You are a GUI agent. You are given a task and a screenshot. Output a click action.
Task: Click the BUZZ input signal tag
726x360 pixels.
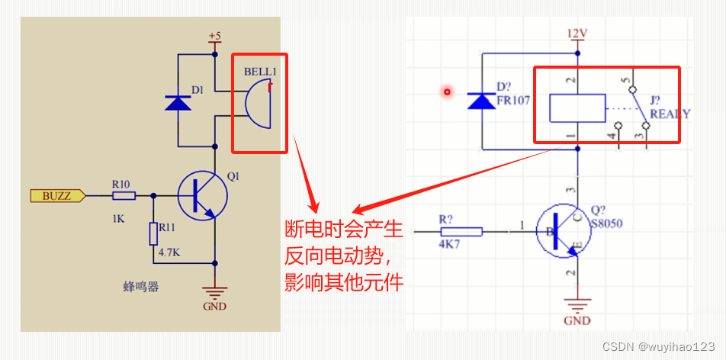click(x=56, y=196)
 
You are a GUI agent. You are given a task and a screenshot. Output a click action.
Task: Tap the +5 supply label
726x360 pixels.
click(x=214, y=37)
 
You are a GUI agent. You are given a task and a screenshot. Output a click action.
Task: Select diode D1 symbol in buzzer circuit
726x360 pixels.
click(x=178, y=102)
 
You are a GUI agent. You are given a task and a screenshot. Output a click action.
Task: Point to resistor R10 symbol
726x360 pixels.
click(x=124, y=196)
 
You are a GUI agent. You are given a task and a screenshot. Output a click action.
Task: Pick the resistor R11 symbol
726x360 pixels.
click(x=153, y=233)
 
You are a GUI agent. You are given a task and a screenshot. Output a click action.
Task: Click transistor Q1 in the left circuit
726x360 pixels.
click(x=203, y=196)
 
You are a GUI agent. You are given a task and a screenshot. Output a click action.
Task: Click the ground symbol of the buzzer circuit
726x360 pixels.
click(x=215, y=294)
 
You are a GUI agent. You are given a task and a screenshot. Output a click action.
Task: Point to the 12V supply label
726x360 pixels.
click(x=577, y=35)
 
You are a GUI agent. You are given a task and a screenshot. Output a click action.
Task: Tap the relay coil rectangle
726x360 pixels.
click(x=577, y=108)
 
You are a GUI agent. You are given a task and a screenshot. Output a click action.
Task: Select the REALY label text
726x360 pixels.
click(x=670, y=114)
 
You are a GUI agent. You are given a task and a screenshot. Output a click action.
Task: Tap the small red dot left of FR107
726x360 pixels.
click(x=447, y=92)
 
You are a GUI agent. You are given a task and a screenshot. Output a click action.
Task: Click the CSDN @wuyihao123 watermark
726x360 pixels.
click(x=658, y=346)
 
